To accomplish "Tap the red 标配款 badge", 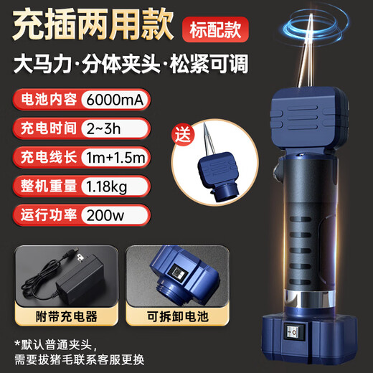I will pos(213,30).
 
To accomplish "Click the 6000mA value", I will pos(115,100).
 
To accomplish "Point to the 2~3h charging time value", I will pos(105,129).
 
